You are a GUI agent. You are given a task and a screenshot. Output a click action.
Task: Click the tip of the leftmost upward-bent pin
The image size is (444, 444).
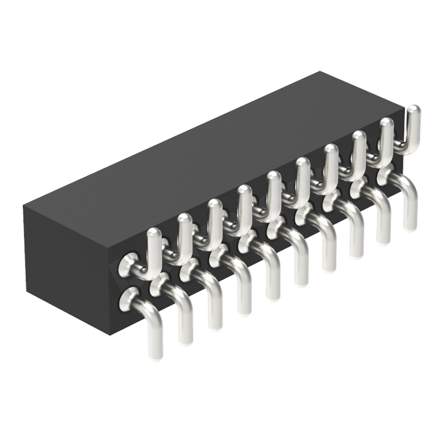click(x=154, y=233)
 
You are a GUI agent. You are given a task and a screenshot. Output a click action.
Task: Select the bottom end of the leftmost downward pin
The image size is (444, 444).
click(x=156, y=352)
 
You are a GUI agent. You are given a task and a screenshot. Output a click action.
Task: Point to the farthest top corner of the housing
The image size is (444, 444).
click(x=321, y=72)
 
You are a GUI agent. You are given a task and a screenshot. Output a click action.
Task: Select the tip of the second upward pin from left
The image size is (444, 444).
click(x=184, y=219)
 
